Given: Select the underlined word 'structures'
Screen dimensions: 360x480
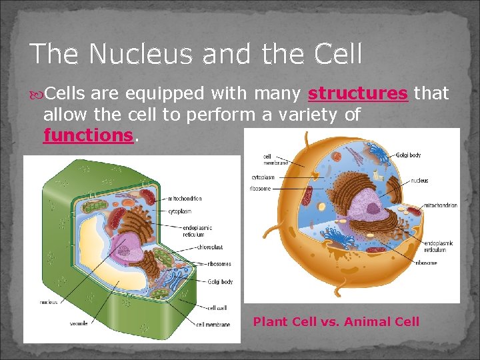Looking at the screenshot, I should point(357,93).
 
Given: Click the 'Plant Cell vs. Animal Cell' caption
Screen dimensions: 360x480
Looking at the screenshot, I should point(336,322).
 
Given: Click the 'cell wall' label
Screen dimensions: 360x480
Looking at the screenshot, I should point(217,308).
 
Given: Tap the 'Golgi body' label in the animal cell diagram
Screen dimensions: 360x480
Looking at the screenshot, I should point(408,155).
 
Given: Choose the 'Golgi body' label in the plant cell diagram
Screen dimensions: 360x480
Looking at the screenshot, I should point(219,282).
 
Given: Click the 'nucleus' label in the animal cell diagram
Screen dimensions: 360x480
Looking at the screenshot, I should point(419,181).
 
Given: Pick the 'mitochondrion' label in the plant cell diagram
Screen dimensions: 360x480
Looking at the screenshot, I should point(185,199).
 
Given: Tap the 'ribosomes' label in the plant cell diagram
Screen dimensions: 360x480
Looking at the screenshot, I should point(218,264).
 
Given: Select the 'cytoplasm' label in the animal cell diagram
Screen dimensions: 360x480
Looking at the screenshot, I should point(263,177).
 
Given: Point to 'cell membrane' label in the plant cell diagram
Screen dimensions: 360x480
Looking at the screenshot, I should point(213,325).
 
